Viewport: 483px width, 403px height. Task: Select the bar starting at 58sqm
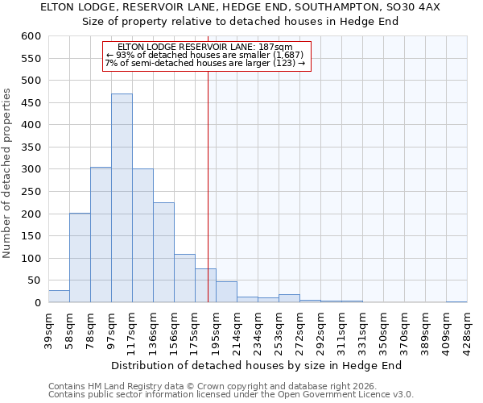80,258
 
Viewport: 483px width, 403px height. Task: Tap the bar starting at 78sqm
101,235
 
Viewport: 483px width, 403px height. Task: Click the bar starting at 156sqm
184,278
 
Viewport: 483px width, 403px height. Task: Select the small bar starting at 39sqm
59,297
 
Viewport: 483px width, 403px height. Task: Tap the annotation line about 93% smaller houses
205,55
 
